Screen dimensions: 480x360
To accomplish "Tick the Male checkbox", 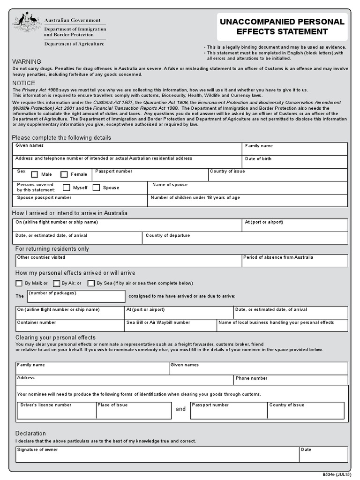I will [35, 175].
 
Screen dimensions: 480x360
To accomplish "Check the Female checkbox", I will [64, 175].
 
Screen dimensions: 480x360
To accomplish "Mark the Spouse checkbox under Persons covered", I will [96, 188].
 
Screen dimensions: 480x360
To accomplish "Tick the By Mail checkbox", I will [19, 283].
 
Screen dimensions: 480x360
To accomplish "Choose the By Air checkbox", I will [56, 283].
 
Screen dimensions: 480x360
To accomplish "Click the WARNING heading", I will [26, 62].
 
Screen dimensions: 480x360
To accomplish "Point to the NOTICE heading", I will [23, 83].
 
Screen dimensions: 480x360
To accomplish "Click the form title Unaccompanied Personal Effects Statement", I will [282, 27].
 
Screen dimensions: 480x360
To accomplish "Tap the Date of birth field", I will [295, 162].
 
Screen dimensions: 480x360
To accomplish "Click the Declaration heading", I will [30, 434].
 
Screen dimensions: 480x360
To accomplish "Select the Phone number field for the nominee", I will [291, 381].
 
